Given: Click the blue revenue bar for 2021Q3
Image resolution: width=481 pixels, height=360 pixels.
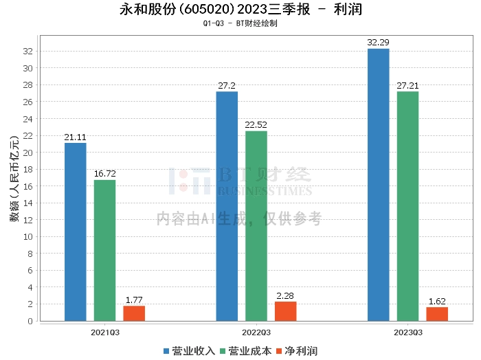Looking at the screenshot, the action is pos(76,232).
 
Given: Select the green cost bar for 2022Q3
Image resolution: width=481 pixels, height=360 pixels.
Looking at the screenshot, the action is pos(256,226).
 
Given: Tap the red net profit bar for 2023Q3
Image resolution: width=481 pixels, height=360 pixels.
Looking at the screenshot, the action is pos(437,314).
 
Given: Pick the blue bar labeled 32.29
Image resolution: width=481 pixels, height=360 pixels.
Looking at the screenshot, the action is pos(378,185).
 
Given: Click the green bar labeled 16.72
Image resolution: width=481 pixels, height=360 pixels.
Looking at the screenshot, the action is pos(104,251).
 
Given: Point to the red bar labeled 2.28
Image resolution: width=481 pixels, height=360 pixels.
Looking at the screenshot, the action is pos(286,311).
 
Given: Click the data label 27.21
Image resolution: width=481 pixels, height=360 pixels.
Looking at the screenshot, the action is pos(407,86).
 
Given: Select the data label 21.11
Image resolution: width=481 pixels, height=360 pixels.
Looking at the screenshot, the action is pos(75,137).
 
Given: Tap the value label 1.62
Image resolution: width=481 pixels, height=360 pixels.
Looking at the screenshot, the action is pos(437,302).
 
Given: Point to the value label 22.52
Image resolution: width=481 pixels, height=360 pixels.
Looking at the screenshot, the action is pos(256,125).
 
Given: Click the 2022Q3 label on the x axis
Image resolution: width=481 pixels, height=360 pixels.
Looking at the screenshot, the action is pos(256,333).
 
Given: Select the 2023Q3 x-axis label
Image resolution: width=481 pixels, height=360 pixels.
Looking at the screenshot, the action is pos(408,333).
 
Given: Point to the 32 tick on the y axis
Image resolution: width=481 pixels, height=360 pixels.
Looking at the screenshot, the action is pos(28,52).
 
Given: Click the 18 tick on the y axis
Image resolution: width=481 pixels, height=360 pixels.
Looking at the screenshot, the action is pos(28,170).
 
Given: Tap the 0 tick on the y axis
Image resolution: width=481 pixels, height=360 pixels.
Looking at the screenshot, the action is pos(30,322).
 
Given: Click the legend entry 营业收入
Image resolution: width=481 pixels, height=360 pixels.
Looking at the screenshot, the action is pos(189,351).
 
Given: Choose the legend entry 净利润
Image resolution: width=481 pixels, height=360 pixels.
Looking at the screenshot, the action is pos(297,351).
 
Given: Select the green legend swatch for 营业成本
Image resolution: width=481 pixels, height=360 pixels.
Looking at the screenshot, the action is pos(223,352).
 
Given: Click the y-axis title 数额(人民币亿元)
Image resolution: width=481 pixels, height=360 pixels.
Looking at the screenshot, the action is pos(14,179).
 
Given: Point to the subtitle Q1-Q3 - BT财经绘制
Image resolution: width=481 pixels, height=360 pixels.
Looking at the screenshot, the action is pos(240,23).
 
